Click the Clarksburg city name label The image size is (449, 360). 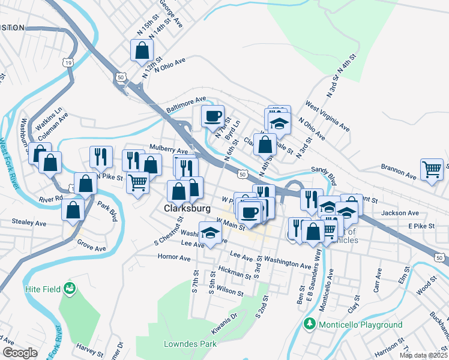click(x=187, y=209)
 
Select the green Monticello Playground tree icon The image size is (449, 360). click(x=310, y=325)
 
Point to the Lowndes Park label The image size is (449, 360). click(x=190, y=344)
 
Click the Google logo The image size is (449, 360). click(x=20, y=353)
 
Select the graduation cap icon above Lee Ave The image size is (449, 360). click(x=209, y=234)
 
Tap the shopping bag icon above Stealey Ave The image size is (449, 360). click(x=73, y=211)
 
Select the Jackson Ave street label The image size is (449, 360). click(x=400, y=213)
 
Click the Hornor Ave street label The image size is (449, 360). click(x=173, y=258)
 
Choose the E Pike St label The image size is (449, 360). click(x=421, y=226)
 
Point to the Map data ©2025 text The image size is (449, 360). click(x=423, y=355)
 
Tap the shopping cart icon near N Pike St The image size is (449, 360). click(x=137, y=182)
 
